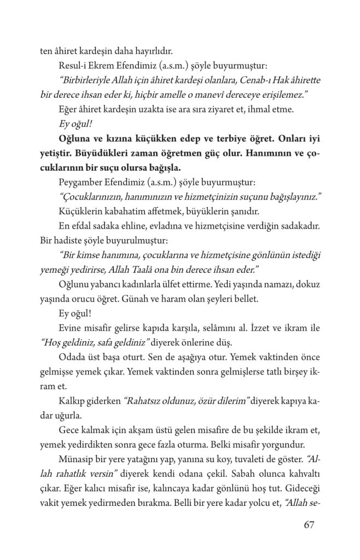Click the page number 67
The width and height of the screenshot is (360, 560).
pos(310,525)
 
